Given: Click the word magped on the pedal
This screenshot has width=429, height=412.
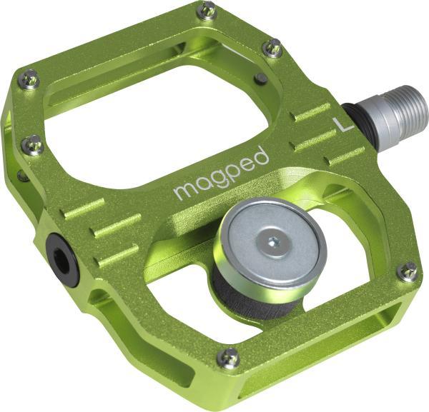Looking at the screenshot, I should coord(221,174).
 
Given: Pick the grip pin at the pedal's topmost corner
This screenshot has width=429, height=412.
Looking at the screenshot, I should coord(207,10).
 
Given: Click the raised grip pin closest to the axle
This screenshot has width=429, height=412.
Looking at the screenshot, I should coord(272,48).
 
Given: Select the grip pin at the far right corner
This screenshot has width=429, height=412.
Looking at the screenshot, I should coord(407,271).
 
